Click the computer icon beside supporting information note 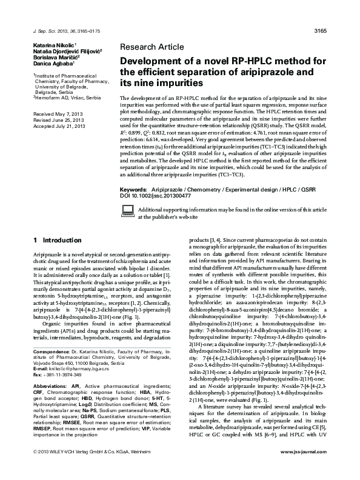(x=128, y=210)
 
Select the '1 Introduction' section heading (x=58, y=240)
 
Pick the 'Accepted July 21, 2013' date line (x=59, y=125)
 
